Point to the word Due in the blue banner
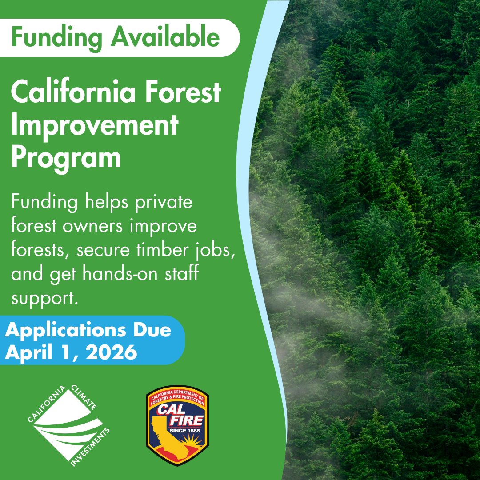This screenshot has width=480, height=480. (x=154, y=331)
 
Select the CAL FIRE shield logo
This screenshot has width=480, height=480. (x=177, y=426)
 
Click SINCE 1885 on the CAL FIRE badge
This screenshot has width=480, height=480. (x=186, y=431)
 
